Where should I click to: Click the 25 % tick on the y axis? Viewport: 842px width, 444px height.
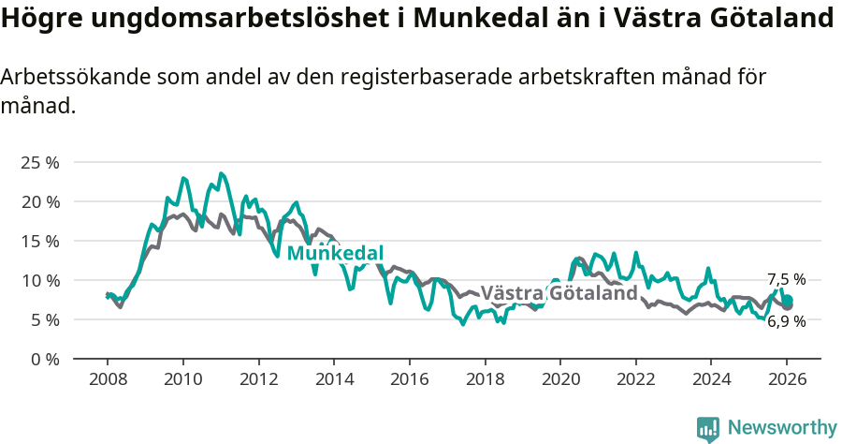tap(39, 162)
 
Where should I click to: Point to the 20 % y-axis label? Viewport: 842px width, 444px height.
tap(39, 201)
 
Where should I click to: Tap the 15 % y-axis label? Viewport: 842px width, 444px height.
tap(39, 241)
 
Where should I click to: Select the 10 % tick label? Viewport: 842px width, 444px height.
tap(39, 280)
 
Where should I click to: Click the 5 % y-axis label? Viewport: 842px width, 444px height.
tap(43, 319)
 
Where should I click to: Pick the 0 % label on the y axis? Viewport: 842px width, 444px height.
tap(43, 359)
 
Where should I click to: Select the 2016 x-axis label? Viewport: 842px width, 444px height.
tap(409, 380)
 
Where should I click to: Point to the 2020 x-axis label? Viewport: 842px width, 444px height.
tap(559, 380)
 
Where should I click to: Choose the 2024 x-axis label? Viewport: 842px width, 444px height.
tap(711, 380)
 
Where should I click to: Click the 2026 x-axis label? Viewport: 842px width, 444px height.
tap(787, 380)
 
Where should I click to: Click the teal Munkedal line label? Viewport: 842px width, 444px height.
tap(335, 253)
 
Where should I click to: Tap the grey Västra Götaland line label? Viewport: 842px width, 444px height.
tap(559, 293)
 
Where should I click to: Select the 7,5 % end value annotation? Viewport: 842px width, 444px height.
tap(786, 279)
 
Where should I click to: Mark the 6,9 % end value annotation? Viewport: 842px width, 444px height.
tap(786, 321)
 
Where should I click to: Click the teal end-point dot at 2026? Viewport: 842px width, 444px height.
tap(788, 300)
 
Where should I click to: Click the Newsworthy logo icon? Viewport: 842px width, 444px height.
tap(708, 429)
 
